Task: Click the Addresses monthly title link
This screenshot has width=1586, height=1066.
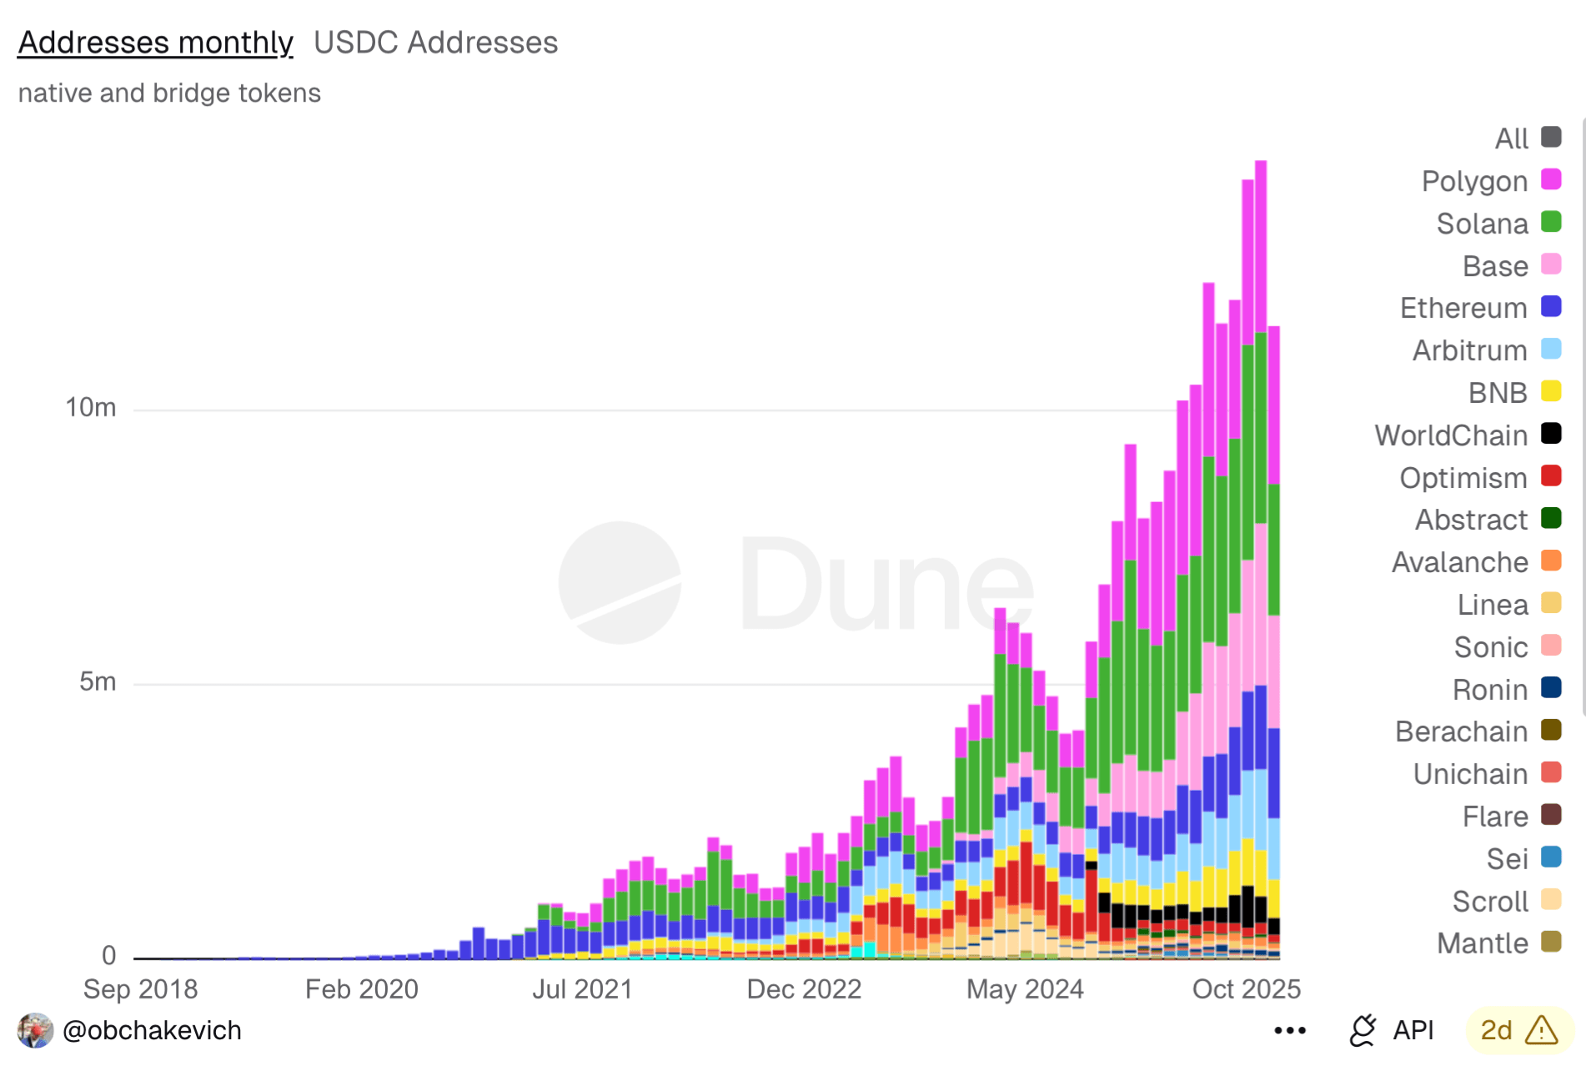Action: pos(155,43)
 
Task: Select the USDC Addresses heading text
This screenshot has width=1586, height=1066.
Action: pos(435,43)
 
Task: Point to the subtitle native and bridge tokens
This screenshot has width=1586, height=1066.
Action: pos(169,93)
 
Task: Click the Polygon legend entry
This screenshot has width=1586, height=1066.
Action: pos(1474,181)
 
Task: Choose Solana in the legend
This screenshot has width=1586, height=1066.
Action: pos(1482,224)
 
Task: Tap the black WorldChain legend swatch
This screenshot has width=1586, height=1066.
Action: pos(1551,434)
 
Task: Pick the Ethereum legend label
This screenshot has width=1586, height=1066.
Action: pos(1463,308)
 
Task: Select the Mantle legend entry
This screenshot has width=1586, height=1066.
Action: pos(1482,943)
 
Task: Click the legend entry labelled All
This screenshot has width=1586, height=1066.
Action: pos(1511,138)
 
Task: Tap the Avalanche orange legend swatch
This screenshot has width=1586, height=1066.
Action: pos(1551,561)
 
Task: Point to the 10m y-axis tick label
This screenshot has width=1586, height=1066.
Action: pos(91,407)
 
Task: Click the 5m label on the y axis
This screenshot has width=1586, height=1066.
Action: pos(98,681)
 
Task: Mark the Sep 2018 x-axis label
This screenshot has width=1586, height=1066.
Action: pos(140,989)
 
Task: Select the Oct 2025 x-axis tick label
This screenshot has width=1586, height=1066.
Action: pos(1246,989)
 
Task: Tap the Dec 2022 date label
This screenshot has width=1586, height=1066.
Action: pos(804,989)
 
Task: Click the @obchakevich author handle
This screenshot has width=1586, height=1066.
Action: pos(152,1031)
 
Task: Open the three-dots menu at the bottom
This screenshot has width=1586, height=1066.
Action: pos(1289,1031)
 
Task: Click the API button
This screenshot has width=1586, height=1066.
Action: pos(1392,1031)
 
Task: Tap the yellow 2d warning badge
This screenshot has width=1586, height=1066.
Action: pos(1518,1031)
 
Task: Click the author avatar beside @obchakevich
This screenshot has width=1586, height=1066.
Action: pos(35,1031)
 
